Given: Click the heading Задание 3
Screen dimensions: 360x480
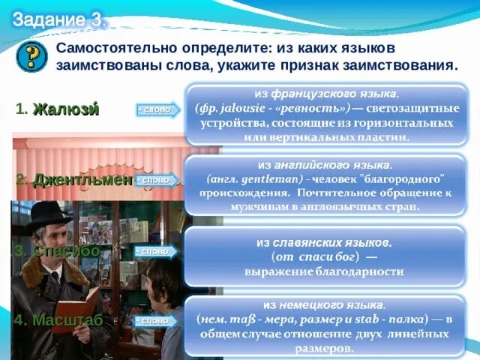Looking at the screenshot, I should pos(58,20).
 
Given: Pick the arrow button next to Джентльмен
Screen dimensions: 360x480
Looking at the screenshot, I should pos(156,180).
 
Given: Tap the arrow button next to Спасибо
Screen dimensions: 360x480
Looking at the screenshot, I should pos(155,251).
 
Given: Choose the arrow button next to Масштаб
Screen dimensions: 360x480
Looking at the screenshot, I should pos(155,320).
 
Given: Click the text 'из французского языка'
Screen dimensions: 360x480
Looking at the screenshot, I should pos(326,94).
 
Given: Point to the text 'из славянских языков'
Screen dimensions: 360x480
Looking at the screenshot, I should pos(322,243).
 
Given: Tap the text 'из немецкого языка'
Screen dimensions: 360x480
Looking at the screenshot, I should pos(325,305).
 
